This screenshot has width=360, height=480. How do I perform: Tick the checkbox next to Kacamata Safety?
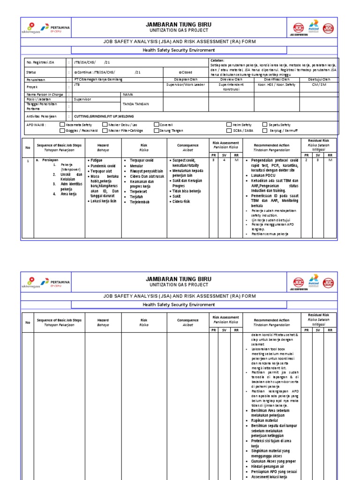[x=62, y=125]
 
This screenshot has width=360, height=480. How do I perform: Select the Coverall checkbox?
[x=157, y=125]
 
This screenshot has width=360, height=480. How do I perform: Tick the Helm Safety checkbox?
[x=229, y=125]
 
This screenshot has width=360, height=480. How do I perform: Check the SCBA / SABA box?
[x=229, y=130]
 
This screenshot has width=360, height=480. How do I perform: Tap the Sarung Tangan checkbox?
[x=157, y=130]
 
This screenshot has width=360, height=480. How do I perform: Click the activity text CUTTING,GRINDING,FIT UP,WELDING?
[x=100, y=116]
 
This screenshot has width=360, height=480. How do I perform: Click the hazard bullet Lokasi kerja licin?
[x=103, y=201]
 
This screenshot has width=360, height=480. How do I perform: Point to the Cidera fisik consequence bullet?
[x=180, y=202]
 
